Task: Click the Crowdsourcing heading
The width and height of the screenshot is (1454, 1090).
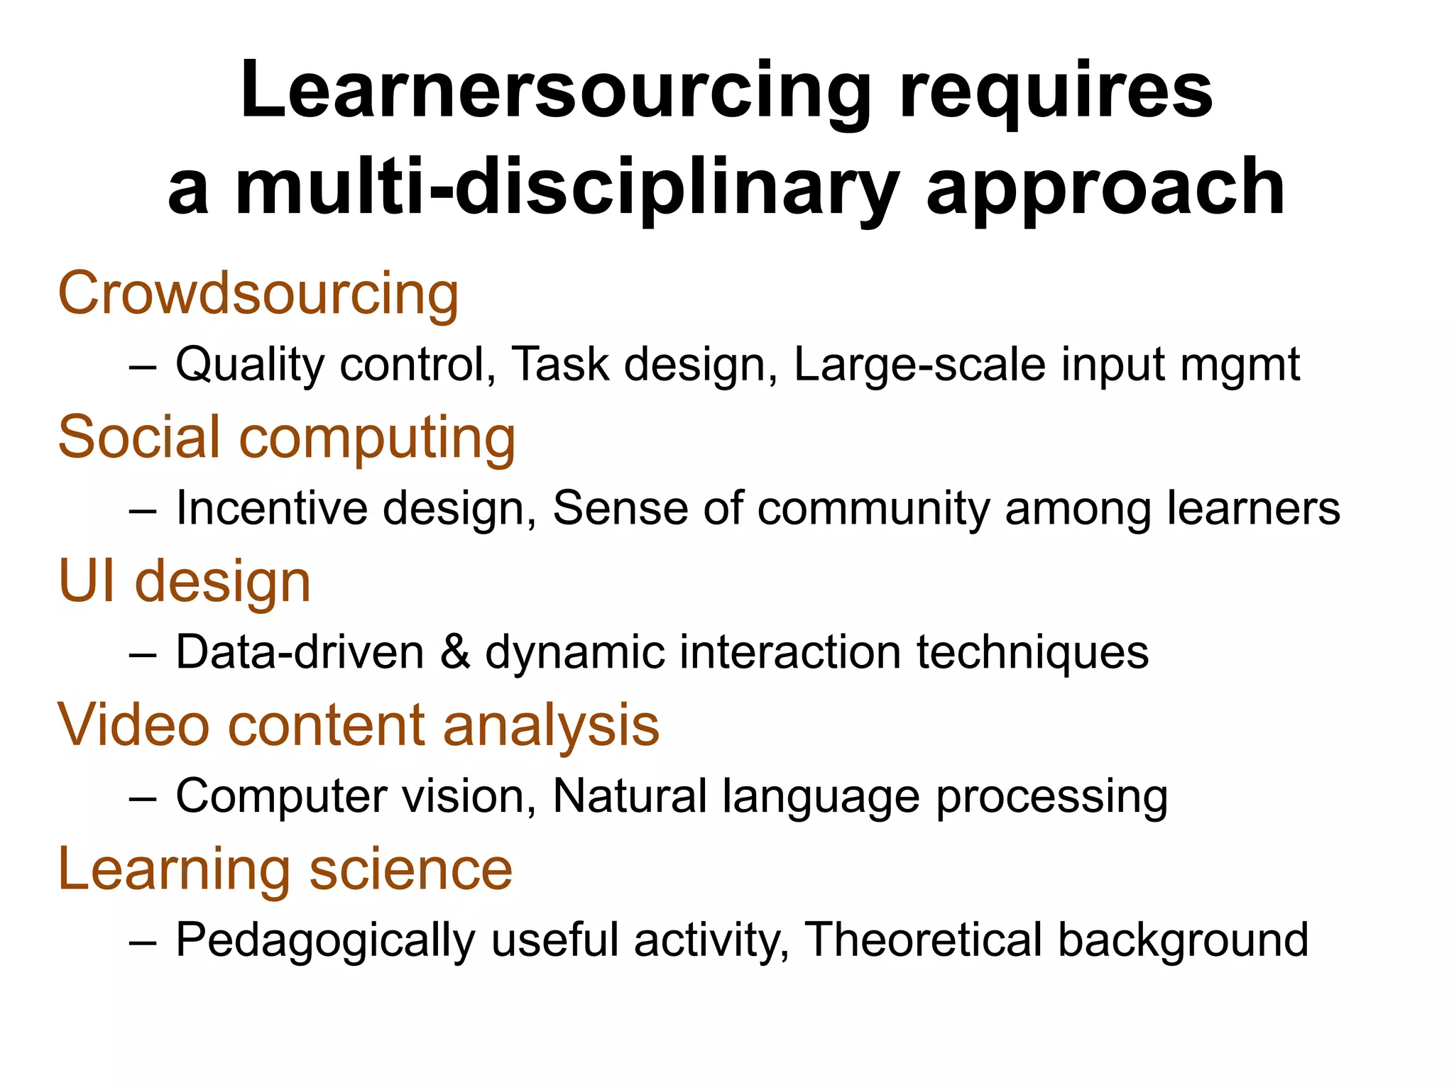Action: coord(258,294)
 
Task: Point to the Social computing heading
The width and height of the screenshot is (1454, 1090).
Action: coord(287,437)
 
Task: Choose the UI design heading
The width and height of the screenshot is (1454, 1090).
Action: coord(185,581)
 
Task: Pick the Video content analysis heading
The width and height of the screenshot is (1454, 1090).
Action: coord(359,725)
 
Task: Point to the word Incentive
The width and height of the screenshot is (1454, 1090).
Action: coord(272,509)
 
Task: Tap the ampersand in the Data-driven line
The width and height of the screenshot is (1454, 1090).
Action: coord(455,652)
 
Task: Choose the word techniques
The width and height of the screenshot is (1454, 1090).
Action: coord(1032,653)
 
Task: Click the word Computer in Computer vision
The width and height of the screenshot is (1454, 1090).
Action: coord(281,797)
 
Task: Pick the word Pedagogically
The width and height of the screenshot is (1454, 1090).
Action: coord(325,941)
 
